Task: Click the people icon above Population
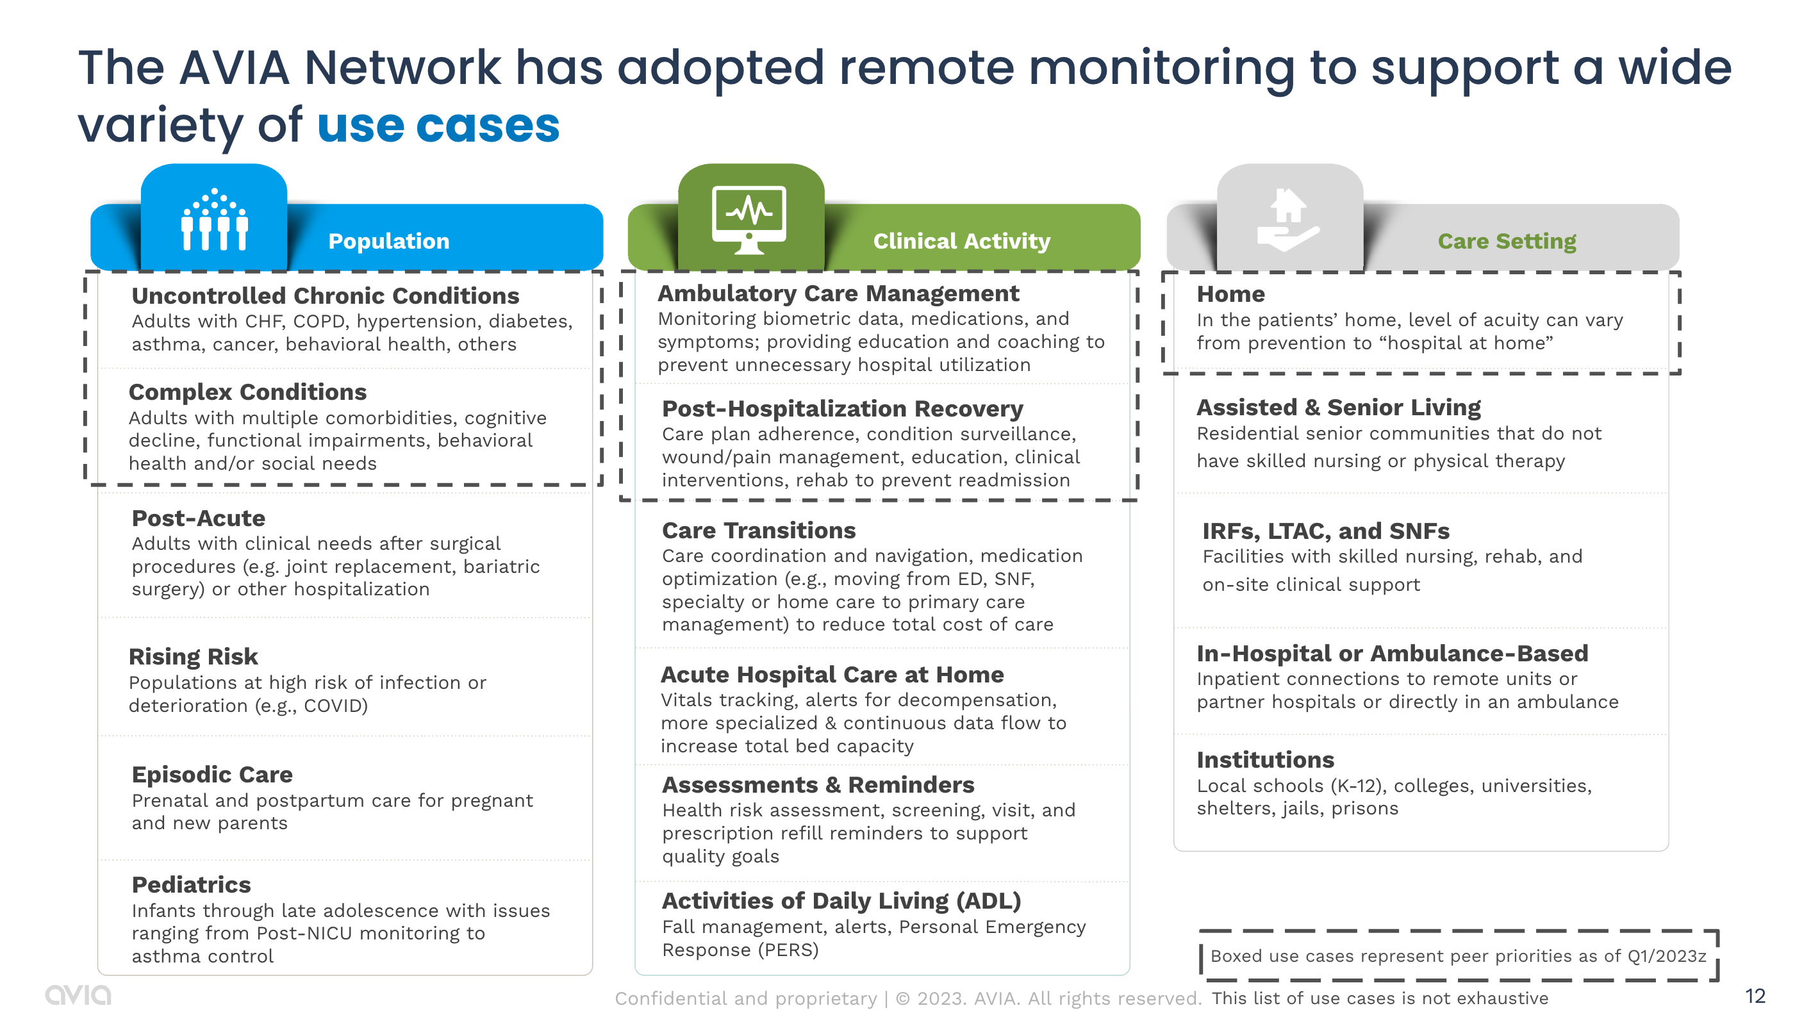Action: coord(214,220)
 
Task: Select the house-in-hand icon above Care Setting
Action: coord(1288,220)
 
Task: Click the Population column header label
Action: coord(388,241)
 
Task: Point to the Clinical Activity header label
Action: coord(961,241)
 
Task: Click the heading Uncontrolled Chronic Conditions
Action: coord(325,295)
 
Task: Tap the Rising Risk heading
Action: coord(193,657)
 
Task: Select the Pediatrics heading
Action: coord(191,885)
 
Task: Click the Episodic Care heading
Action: coord(212,775)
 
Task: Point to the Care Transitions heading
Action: coord(758,530)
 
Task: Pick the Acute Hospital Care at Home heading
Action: coord(832,674)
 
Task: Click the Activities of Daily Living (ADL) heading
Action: coord(841,900)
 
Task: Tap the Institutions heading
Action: coord(1264,760)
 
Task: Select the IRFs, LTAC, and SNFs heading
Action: coord(1325,531)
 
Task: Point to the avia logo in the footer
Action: coord(78,995)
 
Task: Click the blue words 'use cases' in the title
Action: coord(438,126)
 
